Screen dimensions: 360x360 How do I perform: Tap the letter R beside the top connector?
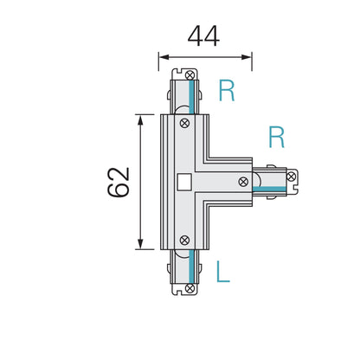point(226,91)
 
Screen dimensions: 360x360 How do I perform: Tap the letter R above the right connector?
point(276,137)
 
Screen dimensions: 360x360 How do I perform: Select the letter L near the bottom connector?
point(223,273)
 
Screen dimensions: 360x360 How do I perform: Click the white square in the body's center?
point(183,182)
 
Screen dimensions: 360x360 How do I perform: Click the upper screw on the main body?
point(183,124)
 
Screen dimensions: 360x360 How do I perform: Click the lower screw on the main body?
point(183,240)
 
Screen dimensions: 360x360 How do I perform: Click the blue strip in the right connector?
point(273,189)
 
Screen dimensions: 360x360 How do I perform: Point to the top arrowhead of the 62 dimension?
point(138,116)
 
